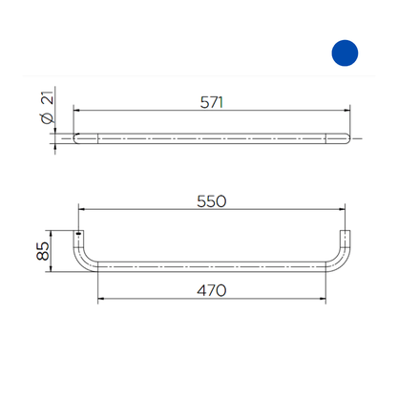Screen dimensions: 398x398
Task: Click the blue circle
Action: coord(345,53)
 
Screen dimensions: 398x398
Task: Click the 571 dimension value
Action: coord(212,102)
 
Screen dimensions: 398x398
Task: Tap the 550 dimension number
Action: coord(212,201)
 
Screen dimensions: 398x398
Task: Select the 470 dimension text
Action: coord(212,290)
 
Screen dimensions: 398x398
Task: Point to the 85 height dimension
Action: coord(43,251)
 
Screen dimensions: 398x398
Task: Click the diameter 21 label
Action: coord(48,107)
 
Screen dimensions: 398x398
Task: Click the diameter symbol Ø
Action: coord(48,118)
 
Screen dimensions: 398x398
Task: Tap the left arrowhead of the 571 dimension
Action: coord(76,111)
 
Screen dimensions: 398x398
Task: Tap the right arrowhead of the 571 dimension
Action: coord(347,111)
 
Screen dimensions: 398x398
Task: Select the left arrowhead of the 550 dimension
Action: coord(81,209)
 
